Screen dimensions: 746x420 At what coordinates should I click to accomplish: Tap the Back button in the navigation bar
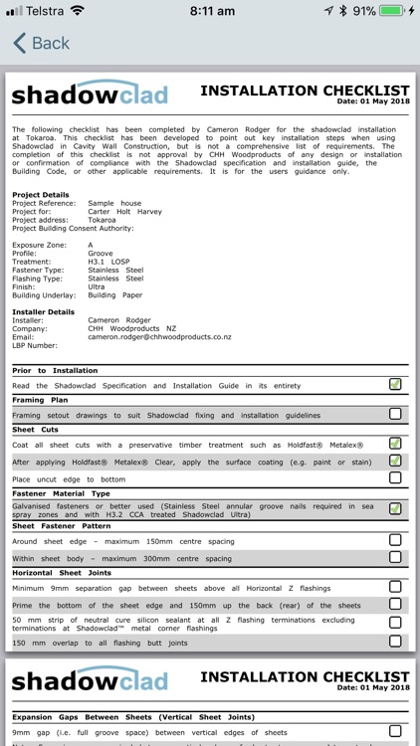41,44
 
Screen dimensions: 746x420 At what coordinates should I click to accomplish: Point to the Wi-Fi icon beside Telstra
77,11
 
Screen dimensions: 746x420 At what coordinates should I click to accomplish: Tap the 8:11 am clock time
210,11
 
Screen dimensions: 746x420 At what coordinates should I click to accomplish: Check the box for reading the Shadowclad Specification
395,385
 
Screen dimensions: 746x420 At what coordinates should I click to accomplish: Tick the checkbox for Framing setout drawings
395,414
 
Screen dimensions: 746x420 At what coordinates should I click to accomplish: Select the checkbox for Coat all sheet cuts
395,444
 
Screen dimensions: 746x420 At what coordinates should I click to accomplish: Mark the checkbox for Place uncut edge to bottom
395,478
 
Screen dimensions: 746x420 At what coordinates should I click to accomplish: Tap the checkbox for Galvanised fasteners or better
395,509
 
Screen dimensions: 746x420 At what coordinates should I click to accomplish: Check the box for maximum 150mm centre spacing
395,540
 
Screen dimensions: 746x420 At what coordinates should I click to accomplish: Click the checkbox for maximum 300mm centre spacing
395,558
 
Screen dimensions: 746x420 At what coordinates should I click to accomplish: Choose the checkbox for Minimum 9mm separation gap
395,588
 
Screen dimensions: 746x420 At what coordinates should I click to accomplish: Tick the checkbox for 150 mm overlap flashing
395,642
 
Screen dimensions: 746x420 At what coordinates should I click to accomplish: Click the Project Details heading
41,194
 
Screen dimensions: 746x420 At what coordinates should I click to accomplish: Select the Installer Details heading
43,311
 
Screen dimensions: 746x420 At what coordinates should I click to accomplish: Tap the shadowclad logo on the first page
90,95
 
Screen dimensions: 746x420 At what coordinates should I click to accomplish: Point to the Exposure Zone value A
91,244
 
